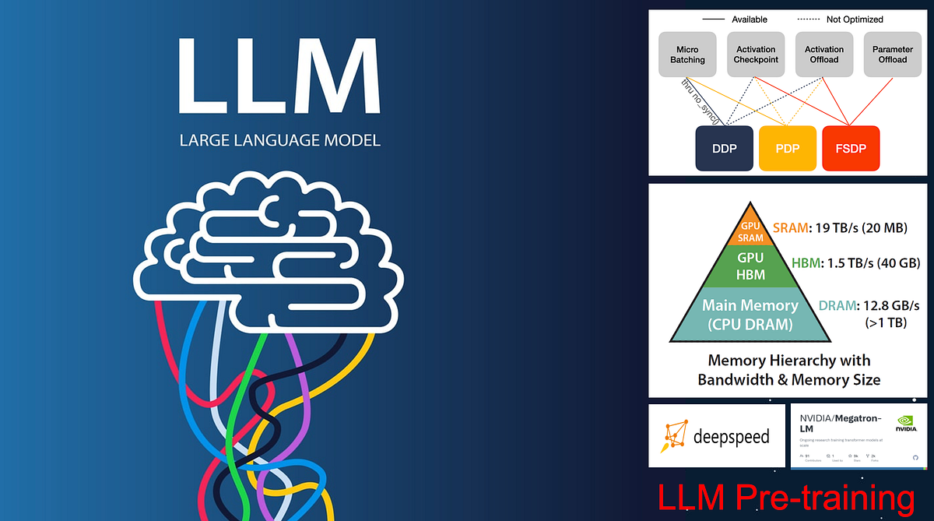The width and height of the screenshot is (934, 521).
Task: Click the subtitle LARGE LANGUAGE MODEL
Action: [279, 141]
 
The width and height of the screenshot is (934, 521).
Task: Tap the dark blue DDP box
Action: [723, 148]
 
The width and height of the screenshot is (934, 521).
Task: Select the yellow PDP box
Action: [787, 148]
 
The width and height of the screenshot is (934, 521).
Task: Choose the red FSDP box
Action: [851, 148]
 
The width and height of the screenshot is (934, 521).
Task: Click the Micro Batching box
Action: [687, 54]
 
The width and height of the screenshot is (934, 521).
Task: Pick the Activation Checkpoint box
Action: [756, 54]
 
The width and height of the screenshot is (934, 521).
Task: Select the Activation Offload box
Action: [824, 54]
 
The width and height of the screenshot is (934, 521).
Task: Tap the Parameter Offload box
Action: [893, 54]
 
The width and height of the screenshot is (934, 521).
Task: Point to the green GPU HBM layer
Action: [750, 266]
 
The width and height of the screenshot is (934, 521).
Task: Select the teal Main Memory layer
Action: [750, 315]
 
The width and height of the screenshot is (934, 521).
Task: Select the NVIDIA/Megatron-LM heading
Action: [841, 424]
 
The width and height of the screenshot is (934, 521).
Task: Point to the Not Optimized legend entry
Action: [854, 19]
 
